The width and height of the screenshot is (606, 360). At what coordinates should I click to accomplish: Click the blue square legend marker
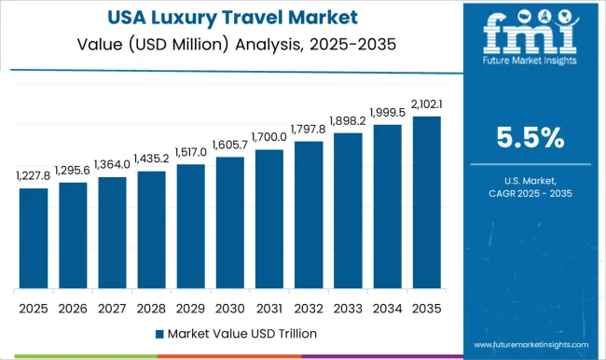tap(158, 333)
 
